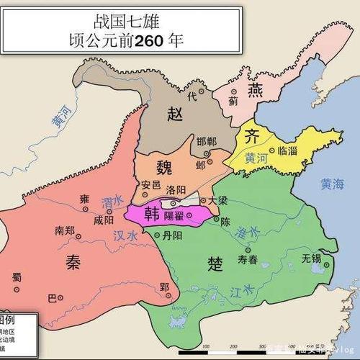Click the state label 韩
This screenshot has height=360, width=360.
point(152,215)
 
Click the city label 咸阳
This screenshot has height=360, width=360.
point(104,220)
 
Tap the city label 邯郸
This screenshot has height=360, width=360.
point(206,141)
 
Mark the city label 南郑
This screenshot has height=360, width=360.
point(65,231)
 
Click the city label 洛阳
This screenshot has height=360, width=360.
point(176,189)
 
